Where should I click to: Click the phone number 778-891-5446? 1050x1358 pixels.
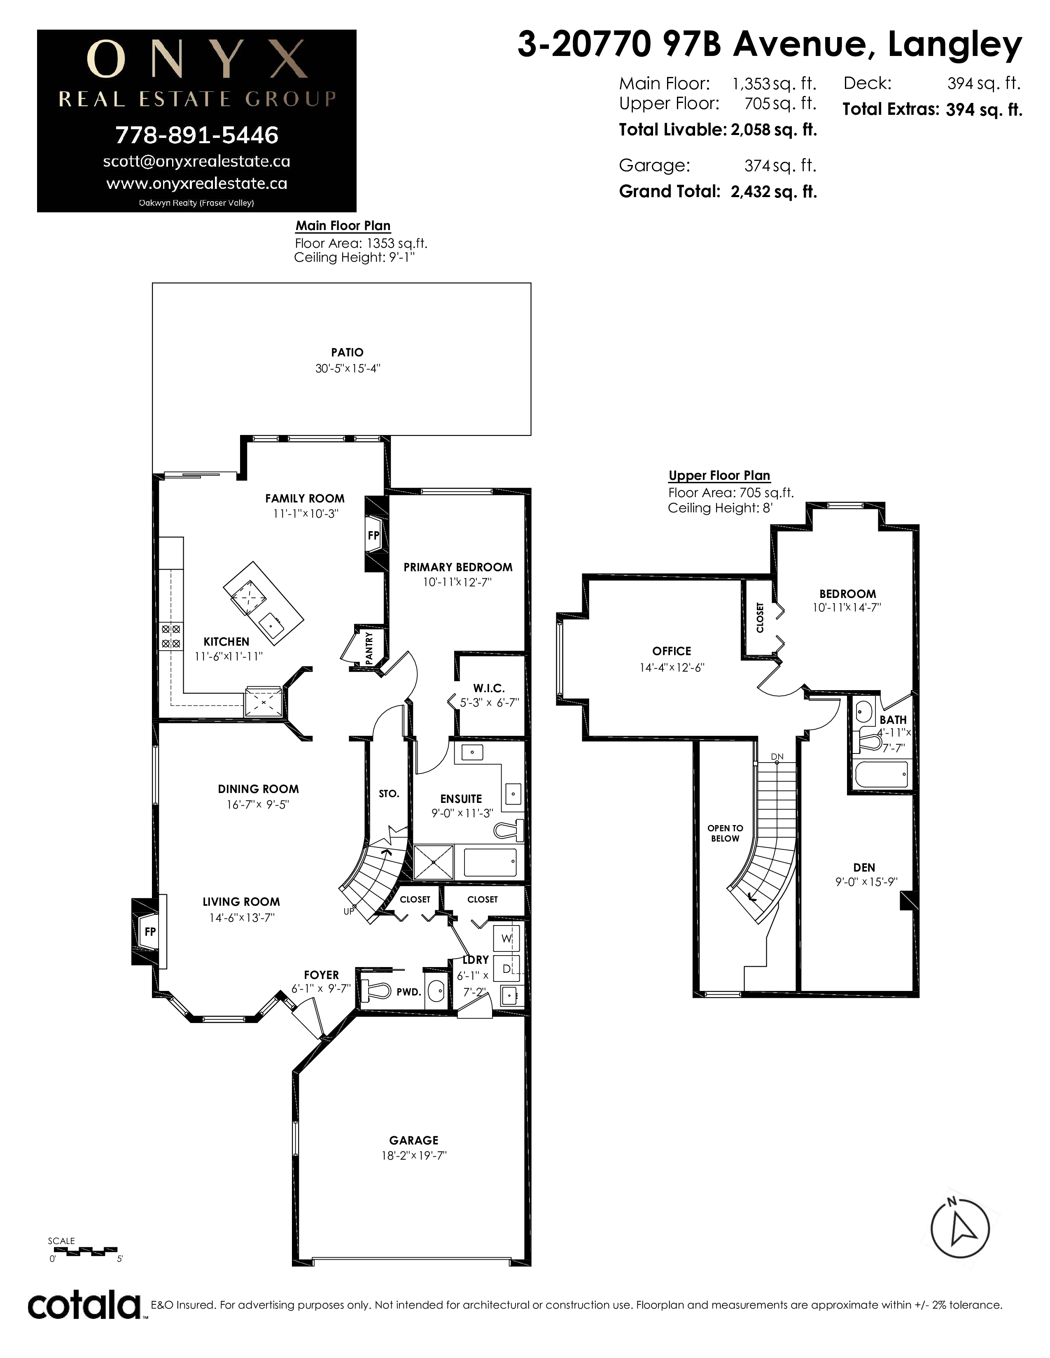click(x=196, y=135)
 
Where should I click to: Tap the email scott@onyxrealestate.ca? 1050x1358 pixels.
click(x=196, y=161)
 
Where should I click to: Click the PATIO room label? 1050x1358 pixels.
click(x=347, y=353)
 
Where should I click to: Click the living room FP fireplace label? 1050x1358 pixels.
click(x=150, y=931)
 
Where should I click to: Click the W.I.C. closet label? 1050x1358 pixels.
click(x=489, y=688)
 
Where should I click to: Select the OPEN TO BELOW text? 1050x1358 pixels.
click(x=725, y=833)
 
